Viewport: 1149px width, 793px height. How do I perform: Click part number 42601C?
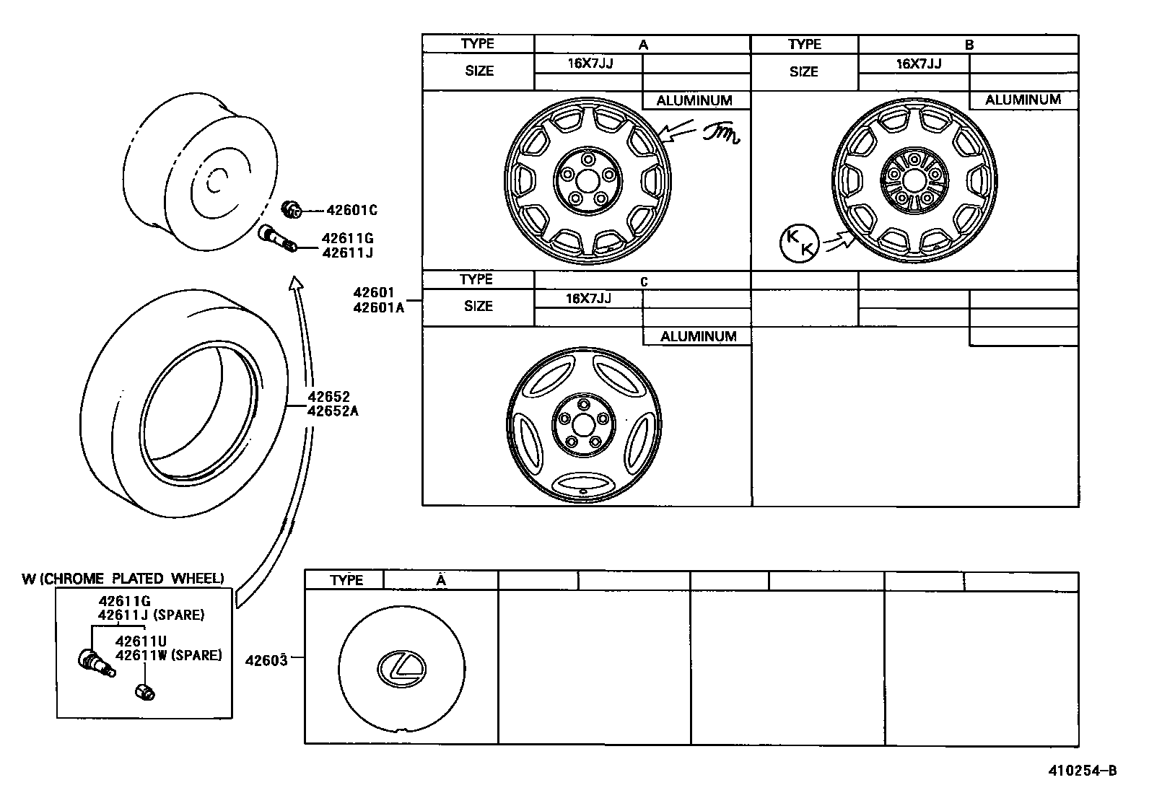(x=351, y=211)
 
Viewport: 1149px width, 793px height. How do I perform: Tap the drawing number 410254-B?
(x=1082, y=771)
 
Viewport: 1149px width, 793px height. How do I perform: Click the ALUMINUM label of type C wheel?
(x=698, y=336)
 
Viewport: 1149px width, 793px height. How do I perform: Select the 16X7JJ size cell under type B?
(x=918, y=63)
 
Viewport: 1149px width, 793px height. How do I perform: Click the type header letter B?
(x=969, y=45)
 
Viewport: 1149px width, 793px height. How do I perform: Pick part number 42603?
(x=266, y=660)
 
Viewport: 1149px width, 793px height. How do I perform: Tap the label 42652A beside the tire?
(x=333, y=411)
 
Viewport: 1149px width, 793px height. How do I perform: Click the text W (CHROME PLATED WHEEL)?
(x=123, y=579)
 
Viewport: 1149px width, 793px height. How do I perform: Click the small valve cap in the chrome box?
(x=144, y=692)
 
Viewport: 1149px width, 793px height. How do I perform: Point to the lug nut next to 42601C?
(x=292, y=210)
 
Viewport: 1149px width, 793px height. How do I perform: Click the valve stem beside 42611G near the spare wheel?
(x=277, y=240)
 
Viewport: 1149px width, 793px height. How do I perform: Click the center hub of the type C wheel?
(x=582, y=423)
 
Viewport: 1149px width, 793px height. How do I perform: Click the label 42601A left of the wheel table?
(x=378, y=307)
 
